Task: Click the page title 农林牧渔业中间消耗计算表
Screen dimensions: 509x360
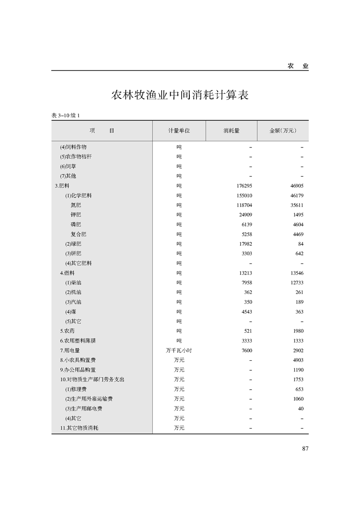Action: pyautogui.click(x=180, y=95)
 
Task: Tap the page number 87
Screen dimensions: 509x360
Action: pyautogui.click(x=305, y=449)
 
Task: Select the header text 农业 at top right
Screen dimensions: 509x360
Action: pyautogui.click(x=298, y=66)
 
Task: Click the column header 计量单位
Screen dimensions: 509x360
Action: pyautogui.click(x=179, y=131)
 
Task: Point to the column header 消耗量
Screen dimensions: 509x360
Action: pyautogui.click(x=231, y=131)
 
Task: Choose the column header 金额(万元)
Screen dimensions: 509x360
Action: pyautogui.click(x=282, y=131)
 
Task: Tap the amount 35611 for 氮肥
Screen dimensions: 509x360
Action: pyautogui.click(x=296, y=205)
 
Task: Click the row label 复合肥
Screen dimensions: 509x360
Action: pyautogui.click(x=78, y=234)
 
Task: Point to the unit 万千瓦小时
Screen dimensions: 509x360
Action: pyautogui.click(x=179, y=350)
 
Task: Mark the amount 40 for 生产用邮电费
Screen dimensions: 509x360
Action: pyautogui.click(x=301, y=408)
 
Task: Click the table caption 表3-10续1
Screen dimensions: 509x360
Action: pyautogui.click(x=66, y=116)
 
